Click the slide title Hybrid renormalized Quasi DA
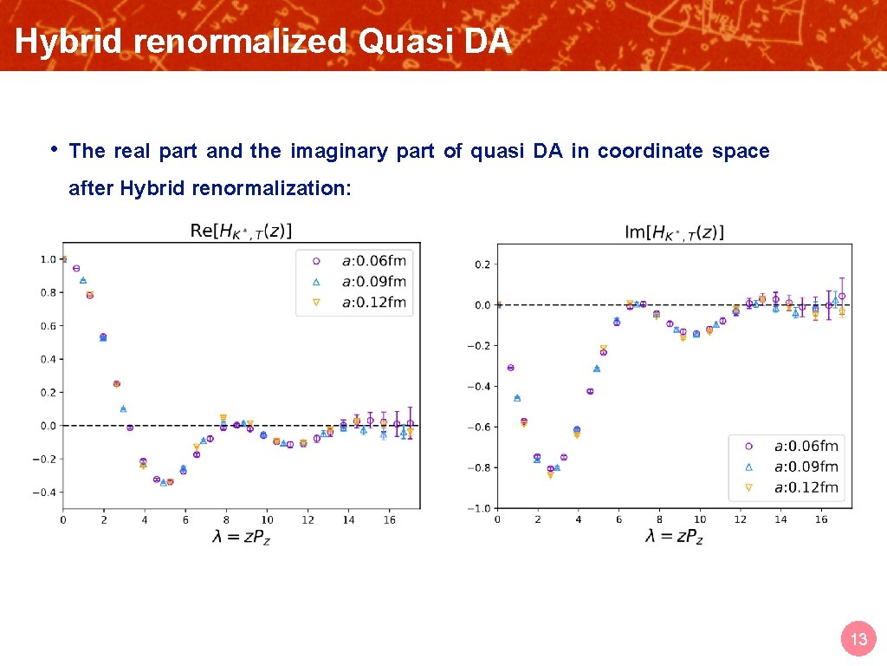(x=263, y=42)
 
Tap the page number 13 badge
(x=858, y=640)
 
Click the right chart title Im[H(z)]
(x=674, y=232)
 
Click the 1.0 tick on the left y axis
(x=48, y=259)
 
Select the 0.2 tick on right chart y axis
(x=482, y=264)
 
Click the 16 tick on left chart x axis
(x=390, y=519)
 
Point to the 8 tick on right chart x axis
(x=659, y=519)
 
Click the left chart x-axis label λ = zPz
(x=242, y=537)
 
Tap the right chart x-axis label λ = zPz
(x=676, y=537)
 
